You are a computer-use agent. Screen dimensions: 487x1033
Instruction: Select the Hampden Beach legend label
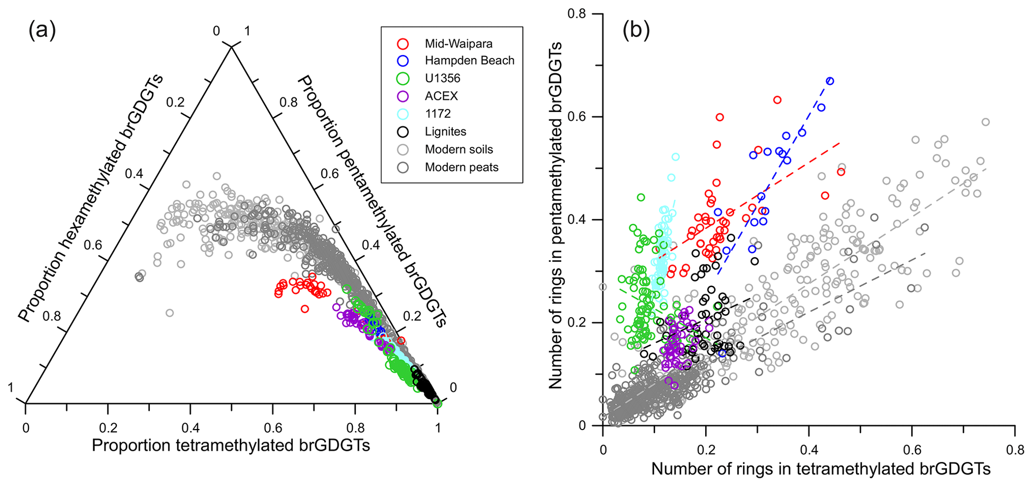click(x=469, y=60)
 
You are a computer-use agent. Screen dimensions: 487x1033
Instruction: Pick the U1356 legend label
click(x=442, y=78)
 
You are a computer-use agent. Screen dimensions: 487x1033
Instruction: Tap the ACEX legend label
click(x=441, y=96)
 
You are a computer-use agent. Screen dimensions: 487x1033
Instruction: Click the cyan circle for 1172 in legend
click(x=403, y=114)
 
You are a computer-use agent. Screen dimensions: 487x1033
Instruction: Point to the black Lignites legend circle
click(x=403, y=132)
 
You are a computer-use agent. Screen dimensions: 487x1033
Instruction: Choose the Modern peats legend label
click(x=461, y=167)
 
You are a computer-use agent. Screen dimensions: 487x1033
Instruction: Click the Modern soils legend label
click(x=459, y=149)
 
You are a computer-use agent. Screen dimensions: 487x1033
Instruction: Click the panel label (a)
click(x=42, y=31)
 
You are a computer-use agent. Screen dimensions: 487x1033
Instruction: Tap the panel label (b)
click(x=636, y=31)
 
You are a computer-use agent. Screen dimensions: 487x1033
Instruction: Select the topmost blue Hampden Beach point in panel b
click(x=830, y=81)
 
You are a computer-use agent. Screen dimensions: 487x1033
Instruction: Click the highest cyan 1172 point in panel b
click(x=676, y=157)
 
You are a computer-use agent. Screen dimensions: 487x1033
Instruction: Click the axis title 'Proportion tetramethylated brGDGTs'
click(x=231, y=446)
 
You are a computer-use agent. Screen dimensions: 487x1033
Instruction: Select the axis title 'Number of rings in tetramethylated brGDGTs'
click(x=821, y=469)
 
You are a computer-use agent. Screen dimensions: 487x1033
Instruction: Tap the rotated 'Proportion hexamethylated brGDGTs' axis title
click(x=91, y=197)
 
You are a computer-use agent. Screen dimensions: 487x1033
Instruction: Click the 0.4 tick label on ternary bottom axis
click(x=190, y=428)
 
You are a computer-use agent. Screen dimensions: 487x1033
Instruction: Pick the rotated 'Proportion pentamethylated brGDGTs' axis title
click(x=372, y=201)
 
